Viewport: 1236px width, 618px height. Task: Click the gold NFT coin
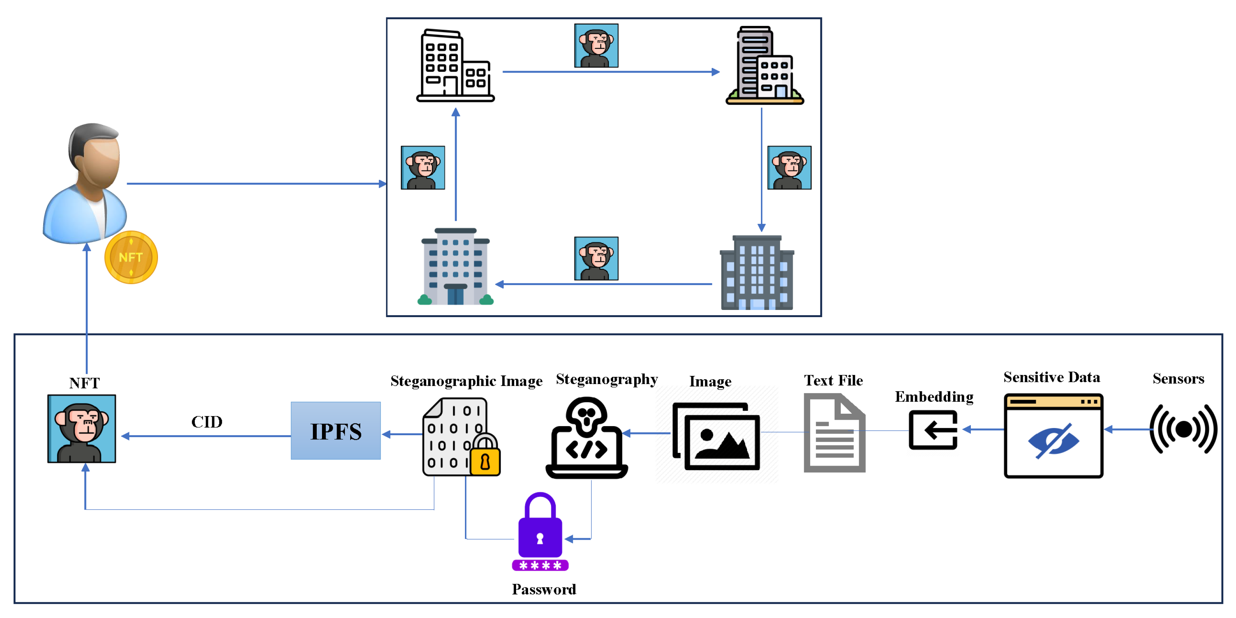(x=131, y=258)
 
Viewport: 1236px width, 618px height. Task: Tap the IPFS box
(x=336, y=431)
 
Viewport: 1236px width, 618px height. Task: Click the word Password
(x=544, y=589)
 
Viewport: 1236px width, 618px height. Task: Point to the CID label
(x=207, y=422)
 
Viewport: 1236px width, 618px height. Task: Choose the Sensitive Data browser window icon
(x=1053, y=436)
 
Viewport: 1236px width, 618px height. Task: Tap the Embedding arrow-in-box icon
(x=933, y=430)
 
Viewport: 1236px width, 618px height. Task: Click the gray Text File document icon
(x=834, y=433)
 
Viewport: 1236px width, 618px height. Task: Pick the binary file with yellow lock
(x=461, y=437)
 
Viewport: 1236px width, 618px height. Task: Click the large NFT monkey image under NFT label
(x=82, y=428)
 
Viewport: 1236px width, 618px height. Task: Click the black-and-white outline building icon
(x=455, y=66)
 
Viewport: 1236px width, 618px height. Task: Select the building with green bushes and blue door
(x=455, y=267)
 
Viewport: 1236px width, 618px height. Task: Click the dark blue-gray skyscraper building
(x=757, y=273)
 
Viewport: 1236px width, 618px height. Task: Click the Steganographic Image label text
(x=466, y=381)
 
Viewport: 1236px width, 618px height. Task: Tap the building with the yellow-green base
(x=764, y=66)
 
